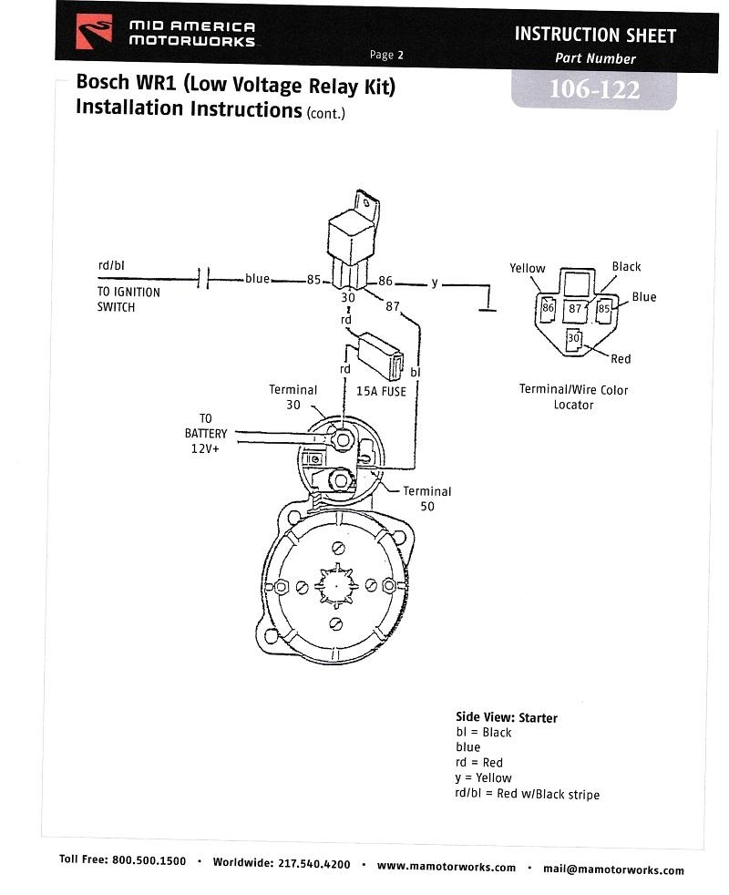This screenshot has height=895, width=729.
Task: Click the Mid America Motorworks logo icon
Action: pos(94,32)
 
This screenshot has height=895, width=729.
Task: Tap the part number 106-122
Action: pos(594,89)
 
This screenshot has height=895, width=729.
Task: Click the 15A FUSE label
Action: pos(381,392)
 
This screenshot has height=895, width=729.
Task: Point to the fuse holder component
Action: pos(380,355)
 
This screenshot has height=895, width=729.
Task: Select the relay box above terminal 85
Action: pos(353,240)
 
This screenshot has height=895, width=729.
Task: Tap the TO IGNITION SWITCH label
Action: pos(128,300)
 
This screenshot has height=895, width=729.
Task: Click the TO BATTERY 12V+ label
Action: pos(206,434)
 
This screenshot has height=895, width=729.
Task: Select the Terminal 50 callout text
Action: pos(427,499)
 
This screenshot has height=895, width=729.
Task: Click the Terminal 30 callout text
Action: pos(293,397)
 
